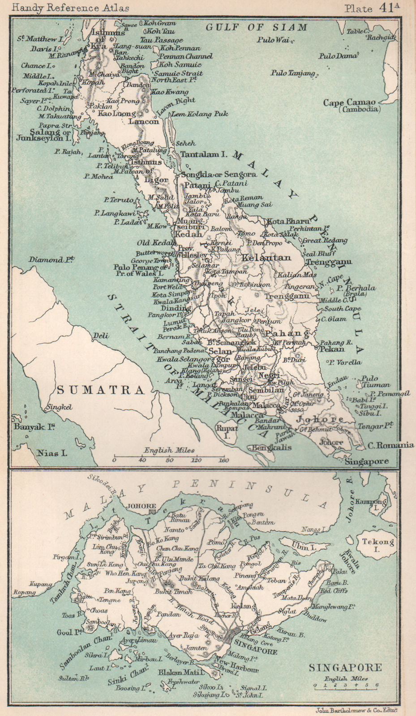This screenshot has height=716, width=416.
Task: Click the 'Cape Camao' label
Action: pos(356,103)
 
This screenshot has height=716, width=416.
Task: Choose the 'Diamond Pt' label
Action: pos(51,260)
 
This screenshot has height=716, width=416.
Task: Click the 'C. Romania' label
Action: pos(390,445)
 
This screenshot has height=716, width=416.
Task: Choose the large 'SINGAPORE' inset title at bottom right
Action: pos(345,668)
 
